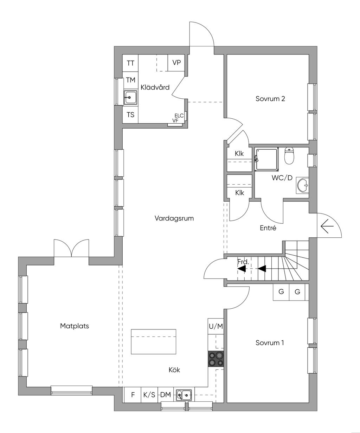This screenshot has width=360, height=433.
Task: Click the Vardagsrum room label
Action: coord(174,218)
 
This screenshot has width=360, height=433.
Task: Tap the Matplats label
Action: coord(75,326)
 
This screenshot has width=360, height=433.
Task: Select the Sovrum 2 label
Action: coord(270,99)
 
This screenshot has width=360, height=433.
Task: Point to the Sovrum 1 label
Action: coord(270,343)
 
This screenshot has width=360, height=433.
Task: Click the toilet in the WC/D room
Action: coord(289,156)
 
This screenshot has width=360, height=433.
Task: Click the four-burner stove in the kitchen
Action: coord(216,359)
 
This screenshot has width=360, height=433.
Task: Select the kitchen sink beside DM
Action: coord(184,395)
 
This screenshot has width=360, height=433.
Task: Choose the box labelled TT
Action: coord(130,63)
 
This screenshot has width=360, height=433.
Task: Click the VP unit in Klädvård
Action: coord(176,63)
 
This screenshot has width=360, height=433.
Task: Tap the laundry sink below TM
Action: coord(130,97)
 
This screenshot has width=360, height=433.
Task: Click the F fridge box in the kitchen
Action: coord(133,395)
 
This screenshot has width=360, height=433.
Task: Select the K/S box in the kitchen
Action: coord(149,395)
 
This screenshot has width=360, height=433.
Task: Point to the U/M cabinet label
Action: coord(216,326)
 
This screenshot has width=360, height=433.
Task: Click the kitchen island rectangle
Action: coord(153,341)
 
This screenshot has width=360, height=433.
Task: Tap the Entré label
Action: coord(268,228)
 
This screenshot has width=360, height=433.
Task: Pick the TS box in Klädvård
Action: coord(130,115)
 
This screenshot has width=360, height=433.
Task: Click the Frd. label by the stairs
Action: coord(243,262)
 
